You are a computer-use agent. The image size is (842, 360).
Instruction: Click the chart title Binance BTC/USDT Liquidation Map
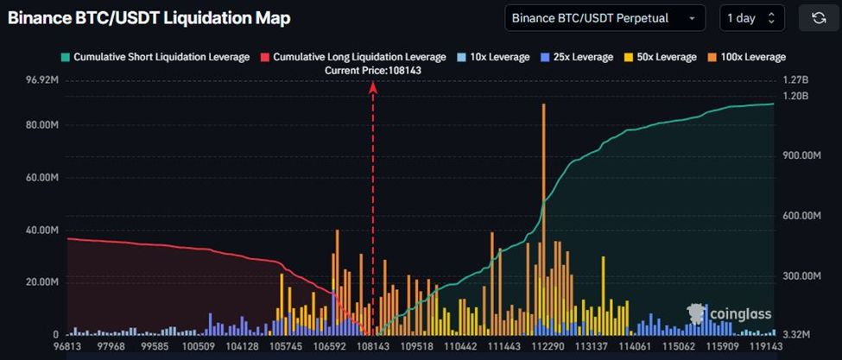(x=149, y=18)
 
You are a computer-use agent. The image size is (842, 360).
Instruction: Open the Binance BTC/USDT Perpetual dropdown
(x=605, y=18)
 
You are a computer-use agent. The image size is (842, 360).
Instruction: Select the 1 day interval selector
(x=751, y=18)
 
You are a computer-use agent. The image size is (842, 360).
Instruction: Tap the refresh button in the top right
(x=819, y=18)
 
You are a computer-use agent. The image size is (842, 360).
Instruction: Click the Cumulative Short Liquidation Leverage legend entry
(x=155, y=57)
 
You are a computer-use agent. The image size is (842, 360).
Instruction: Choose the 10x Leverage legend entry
(x=493, y=57)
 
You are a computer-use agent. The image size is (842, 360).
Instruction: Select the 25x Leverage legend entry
(x=578, y=57)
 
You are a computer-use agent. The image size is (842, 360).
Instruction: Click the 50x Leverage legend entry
(x=661, y=57)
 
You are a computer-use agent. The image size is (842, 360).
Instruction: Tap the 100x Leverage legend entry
(x=748, y=57)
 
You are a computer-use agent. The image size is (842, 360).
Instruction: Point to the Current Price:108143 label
(x=372, y=70)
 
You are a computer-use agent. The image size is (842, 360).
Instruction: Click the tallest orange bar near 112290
(x=543, y=173)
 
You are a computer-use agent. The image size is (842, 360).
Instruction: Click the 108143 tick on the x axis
(x=372, y=346)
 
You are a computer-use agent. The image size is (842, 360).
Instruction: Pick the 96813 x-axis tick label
(x=67, y=346)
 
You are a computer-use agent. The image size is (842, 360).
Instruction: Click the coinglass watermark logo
(x=730, y=313)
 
